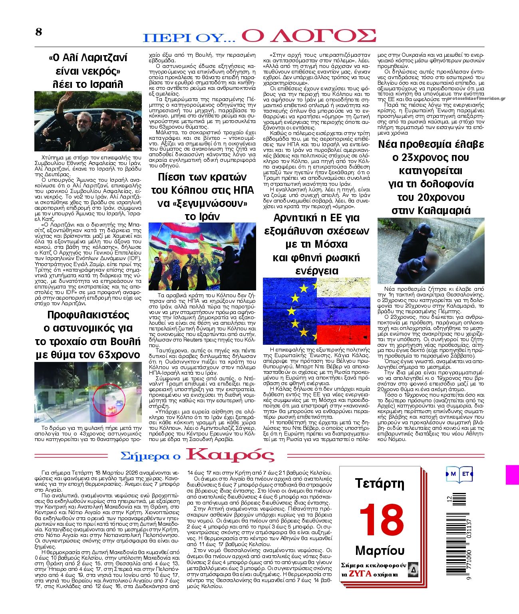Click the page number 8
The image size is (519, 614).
[38, 32]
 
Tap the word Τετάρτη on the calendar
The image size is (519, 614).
[380, 484]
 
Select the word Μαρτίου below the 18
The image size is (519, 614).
[380, 551]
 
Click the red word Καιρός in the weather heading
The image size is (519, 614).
[231, 455]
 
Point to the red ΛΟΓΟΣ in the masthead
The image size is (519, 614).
[308, 36]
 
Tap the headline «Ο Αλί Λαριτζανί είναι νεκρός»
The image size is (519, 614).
[88, 71]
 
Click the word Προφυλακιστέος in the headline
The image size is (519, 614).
[88, 315]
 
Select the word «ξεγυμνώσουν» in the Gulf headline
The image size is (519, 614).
[202, 203]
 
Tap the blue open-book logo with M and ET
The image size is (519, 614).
[459, 474]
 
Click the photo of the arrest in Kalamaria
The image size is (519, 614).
[431, 250]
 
